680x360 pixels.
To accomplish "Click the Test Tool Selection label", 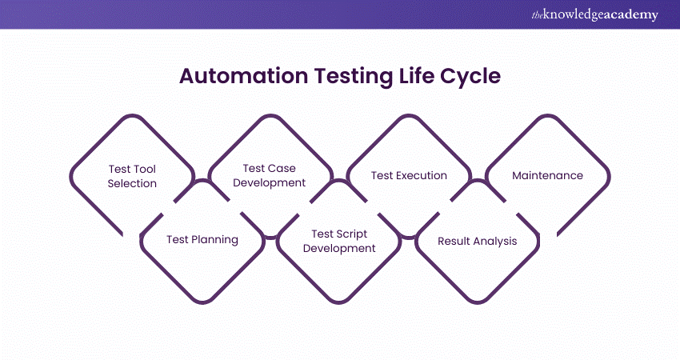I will (133, 176).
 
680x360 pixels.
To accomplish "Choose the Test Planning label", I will (202, 239).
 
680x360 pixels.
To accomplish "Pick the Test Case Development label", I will (270, 175).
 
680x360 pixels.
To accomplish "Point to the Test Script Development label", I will (338, 241).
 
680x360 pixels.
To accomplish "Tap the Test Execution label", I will (409, 175).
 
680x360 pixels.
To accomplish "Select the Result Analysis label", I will (477, 240).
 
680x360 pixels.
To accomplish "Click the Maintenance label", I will (547, 175).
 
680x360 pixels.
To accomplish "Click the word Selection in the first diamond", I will (133, 183).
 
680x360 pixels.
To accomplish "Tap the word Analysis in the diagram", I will (494, 240).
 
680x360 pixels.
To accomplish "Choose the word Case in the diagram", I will (282, 168).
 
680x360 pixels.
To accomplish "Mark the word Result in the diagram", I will (454, 240).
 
